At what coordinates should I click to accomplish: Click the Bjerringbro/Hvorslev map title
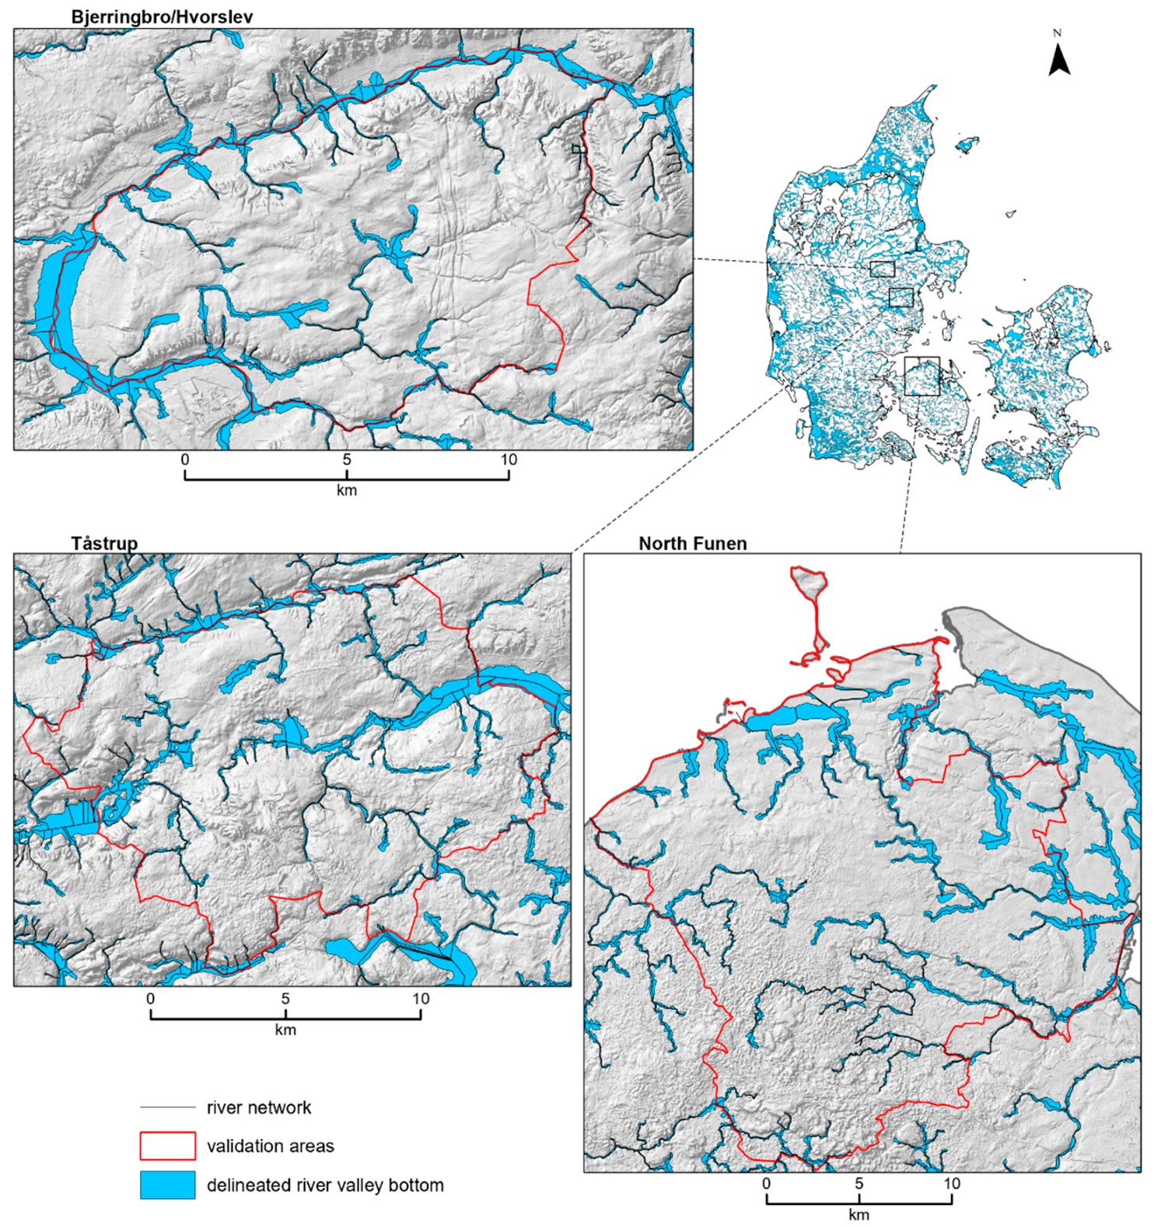click(162, 16)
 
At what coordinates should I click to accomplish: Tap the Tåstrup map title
click(104, 543)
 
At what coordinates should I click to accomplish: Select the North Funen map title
click(692, 544)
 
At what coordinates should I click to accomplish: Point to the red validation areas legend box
click(167, 1146)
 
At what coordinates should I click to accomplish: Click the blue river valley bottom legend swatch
click(167, 1185)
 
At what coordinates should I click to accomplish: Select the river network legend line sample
click(167, 1108)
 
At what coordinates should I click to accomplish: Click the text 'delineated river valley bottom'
click(325, 1185)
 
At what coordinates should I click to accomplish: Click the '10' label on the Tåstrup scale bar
click(420, 998)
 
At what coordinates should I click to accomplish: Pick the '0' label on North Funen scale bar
click(767, 1183)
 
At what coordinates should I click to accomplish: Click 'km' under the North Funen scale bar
click(859, 1215)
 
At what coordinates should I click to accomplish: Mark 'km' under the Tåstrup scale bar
click(285, 1030)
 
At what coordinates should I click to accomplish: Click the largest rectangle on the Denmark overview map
click(922, 376)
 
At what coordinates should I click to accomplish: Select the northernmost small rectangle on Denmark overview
click(882, 269)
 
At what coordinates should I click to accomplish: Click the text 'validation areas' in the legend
click(270, 1147)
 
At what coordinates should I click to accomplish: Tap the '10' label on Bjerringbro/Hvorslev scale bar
click(509, 460)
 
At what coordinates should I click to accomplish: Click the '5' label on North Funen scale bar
click(859, 1183)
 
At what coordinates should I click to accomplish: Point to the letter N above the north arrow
click(1057, 33)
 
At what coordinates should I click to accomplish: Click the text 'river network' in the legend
click(258, 1108)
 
